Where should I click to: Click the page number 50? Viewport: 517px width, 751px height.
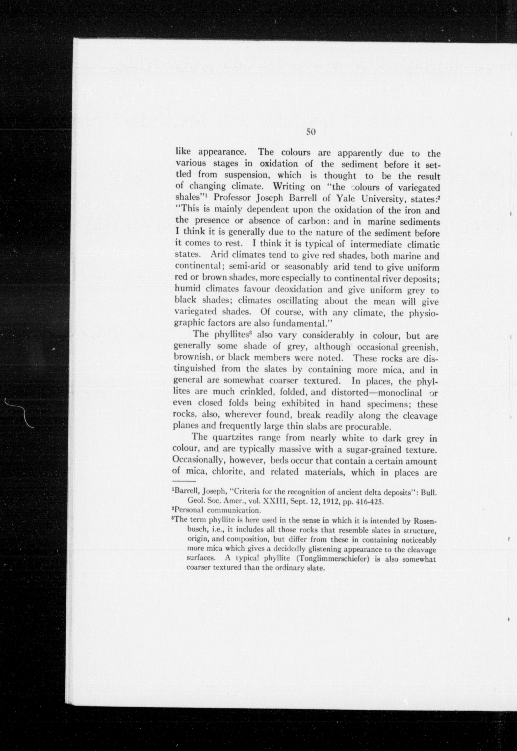(x=311, y=132)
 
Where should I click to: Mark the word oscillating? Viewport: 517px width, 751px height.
(x=297, y=301)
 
